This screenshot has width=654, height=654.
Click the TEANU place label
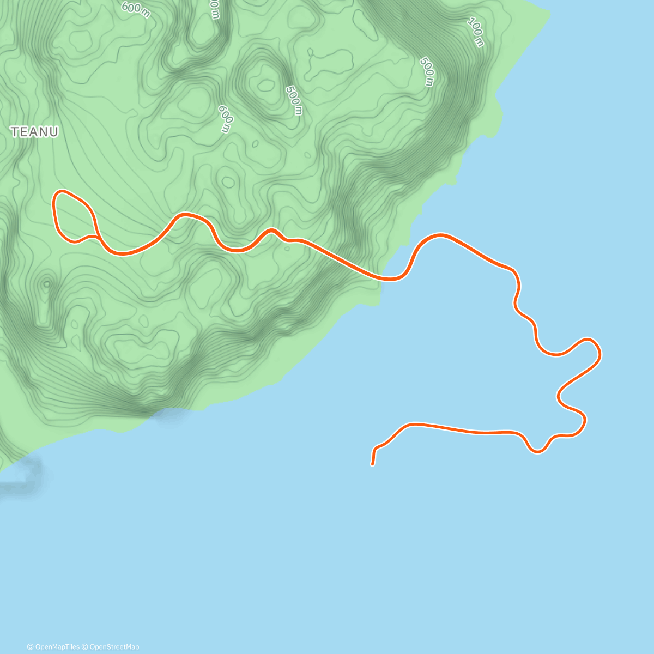(34, 132)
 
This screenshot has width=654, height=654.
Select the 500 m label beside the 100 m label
(427, 71)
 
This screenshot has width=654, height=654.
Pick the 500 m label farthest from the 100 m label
(293, 100)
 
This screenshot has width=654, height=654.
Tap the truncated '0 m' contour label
(214, 8)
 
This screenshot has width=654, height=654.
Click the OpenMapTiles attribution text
(57, 647)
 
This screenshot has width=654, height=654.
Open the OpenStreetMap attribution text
(114, 647)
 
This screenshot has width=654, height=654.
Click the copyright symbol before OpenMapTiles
(31, 647)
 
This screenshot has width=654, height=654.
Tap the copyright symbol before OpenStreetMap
(86, 647)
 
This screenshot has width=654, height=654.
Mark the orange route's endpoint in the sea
(372, 464)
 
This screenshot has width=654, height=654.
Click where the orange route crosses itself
(97, 237)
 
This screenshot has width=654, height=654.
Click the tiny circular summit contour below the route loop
(47, 283)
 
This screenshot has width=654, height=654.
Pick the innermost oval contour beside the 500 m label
(267, 84)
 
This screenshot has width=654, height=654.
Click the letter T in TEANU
(15, 132)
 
